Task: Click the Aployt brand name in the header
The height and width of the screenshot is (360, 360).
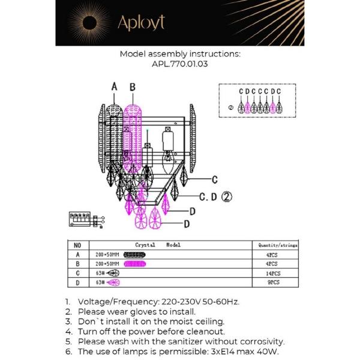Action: (x=141, y=23)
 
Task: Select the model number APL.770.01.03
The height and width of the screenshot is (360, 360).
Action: (x=180, y=64)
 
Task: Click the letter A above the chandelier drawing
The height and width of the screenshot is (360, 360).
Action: (x=115, y=87)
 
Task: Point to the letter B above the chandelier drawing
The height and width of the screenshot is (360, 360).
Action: (x=133, y=87)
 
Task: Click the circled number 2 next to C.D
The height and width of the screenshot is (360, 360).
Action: (x=227, y=196)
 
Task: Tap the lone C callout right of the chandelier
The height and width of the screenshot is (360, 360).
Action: (x=214, y=179)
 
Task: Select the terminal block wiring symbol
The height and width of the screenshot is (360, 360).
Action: (x=86, y=219)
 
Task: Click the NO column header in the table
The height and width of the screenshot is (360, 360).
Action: (x=77, y=245)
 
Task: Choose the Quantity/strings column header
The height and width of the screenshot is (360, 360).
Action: (x=277, y=245)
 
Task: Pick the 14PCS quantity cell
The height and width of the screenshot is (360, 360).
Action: (x=274, y=273)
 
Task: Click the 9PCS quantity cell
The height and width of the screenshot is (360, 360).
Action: (x=274, y=282)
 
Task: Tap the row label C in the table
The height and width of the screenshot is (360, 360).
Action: (x=77, y=273)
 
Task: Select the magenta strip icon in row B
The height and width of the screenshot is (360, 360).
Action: (x=135, y=263)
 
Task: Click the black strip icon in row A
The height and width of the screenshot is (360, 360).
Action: (x=135, y=254)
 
